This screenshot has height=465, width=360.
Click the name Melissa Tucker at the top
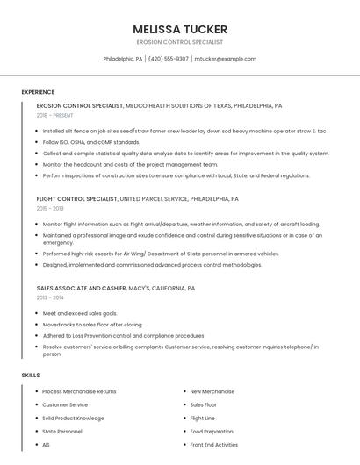pos(180,29)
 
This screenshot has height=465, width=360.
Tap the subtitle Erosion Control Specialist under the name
pos(180,42)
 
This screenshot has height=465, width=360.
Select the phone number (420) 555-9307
pos(168,59)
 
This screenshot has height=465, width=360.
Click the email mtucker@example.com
pos(225,59)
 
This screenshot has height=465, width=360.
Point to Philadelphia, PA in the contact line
pos(123,59)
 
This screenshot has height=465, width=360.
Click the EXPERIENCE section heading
pos(38,92)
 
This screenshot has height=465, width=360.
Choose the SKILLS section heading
pos(30,376)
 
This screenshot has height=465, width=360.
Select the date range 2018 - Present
pos(54,115)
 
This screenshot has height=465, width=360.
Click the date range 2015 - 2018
pos(50,209)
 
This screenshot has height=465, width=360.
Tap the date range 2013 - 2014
pos(50,297)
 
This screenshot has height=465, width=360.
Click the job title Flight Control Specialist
pos(77,199)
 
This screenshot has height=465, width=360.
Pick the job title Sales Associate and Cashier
pos(81,288)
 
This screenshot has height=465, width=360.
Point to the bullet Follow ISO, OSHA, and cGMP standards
pos(91,141)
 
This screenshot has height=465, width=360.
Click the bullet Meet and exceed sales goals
pos(80,313)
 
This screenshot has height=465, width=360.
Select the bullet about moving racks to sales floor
pos(92,324)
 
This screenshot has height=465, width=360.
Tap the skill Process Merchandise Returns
pos(79,391)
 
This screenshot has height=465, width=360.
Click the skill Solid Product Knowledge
pos(73,418)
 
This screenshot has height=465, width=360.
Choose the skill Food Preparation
pos(212,431)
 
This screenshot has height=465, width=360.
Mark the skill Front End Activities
pos(213,444)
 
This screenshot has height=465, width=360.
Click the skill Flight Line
pos(202,418)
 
